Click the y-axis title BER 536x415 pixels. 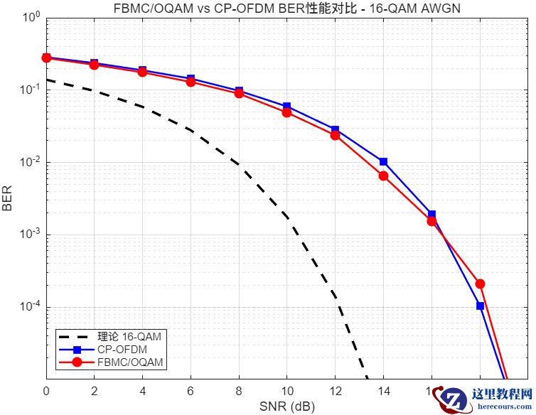point(8,199)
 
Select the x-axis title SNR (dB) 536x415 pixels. point(287,406)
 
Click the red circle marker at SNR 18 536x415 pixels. point(480,284)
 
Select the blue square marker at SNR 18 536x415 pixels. point(480,306)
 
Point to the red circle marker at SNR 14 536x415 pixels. point(383,176)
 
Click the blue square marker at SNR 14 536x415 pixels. point(383,162)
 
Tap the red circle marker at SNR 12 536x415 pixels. point(335,135)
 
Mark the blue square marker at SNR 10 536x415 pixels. point(286,107)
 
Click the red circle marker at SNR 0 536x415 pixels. point(46,58)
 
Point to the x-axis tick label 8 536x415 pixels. point(239,392)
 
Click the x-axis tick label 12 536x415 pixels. point(335,392)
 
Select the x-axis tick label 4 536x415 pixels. point(142,392)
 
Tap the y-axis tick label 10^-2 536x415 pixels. point(31,163)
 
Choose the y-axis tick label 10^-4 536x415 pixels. point(31,307)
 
